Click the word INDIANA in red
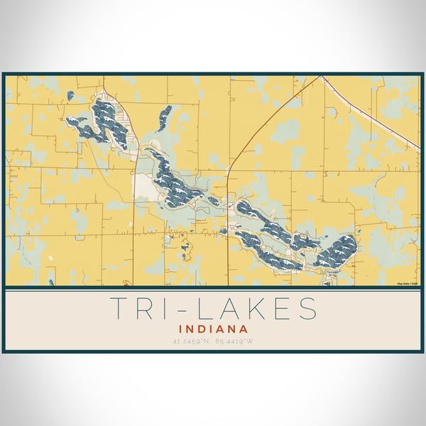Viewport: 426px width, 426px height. pyautogui.click(x=213, y=329)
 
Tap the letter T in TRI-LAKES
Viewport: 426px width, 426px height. pyautogui.click(x=120, y=309)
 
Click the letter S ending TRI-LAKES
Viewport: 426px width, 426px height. pyautogui.click(x=307, y=309)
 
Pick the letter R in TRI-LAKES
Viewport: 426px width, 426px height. pyautogui.click(x=145, y=309)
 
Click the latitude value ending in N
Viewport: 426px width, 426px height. pyautogui.click(x=190, y=342)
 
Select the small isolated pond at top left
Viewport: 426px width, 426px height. pyautogui.click(x=70, y=95)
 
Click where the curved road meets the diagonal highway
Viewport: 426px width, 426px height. pyautogui.click(x=321, y=77)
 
